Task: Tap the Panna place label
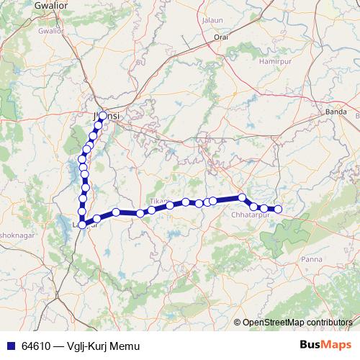coord(312,258)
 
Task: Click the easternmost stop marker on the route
coord(278,210)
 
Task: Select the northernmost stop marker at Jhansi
coord(103,116)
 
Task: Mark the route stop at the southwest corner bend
coord(82,225)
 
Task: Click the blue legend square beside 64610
coord(9,346)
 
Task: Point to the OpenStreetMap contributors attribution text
coord(297,322)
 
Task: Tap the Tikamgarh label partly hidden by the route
coord(158,200)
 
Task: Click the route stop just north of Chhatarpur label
coord(243,197)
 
